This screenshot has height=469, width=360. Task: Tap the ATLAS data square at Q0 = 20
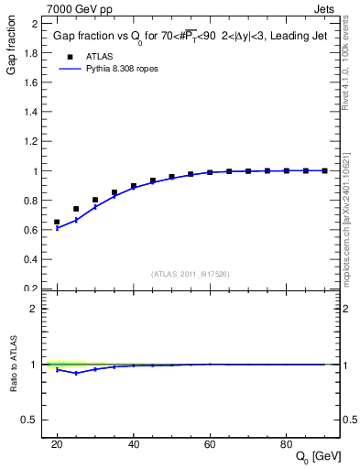point(57,222)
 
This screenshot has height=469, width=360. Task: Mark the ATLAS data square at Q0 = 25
point(76,209)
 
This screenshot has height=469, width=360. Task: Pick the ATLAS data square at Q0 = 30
point(95,200)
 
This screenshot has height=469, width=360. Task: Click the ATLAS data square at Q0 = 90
point(324,170)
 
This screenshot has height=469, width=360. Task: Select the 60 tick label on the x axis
point(210,444)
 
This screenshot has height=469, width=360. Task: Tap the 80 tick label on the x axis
point(286,444)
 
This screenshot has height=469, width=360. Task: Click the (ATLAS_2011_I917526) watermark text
point(191,274)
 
